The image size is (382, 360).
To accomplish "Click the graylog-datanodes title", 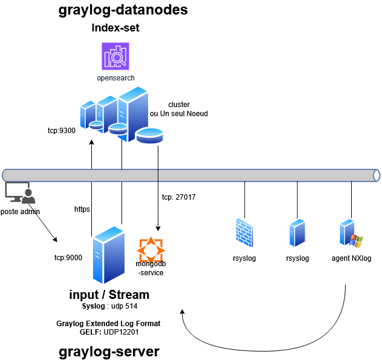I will [x=123, y=10].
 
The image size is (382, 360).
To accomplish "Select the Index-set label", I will [x=115, y=28].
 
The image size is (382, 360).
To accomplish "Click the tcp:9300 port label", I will [x=62, y=130].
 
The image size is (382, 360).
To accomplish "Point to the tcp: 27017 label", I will [x=178, y=197].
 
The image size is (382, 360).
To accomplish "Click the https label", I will [x=82, y=209].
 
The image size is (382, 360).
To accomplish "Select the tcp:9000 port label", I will [x=68, y=257].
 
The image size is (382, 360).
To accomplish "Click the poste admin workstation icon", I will [x=20, y=192].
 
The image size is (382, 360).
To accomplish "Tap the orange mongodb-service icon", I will [x=151, y=249].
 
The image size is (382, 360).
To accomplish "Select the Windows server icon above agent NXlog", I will [x=350, y=234].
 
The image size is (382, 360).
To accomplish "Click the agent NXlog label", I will [x=351, y=258].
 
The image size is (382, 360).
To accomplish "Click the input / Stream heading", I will [x=109, y=295].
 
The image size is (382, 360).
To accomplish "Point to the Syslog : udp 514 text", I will [x=109, y=306].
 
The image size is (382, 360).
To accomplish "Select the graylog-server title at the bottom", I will [x=109, y=351].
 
